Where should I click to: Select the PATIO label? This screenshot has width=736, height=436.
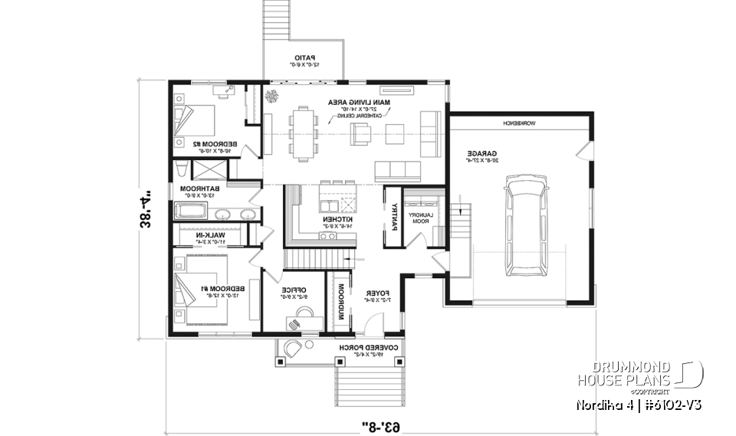pos(307,58)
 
